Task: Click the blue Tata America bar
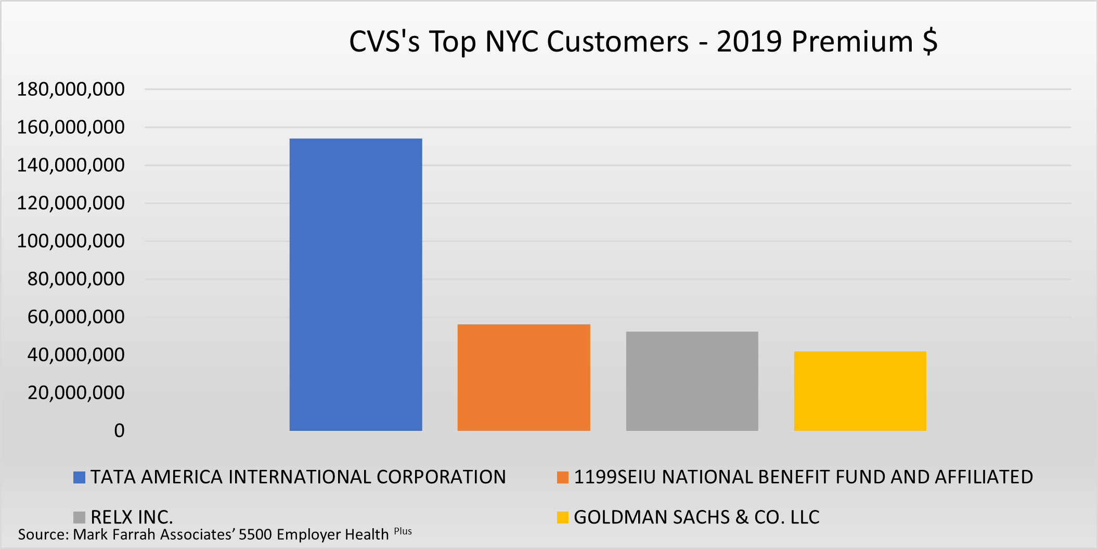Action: (356, 285)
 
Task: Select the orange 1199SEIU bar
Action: (524, 377)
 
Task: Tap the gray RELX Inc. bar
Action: (692, 381)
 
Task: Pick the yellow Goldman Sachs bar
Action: (860, 391)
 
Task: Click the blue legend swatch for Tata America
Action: (79, 477)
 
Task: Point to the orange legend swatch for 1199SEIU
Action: (562, 477)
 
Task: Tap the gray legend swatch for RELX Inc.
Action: (79, 517)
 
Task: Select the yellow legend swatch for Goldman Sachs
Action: (562, 517)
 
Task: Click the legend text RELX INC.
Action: (132, 517)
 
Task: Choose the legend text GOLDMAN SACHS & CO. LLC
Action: (696, 517)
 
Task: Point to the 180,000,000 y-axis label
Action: (71, 90)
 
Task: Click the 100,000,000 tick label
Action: (71, 241)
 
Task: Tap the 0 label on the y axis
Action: (119, 431)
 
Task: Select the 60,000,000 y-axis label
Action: (76, 317)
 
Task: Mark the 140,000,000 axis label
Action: (71, 165)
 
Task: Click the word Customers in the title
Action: (617, 42)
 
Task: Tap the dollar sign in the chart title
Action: (930, 42)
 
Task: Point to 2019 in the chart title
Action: (749, 42)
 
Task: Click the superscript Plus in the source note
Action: (403, 531)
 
